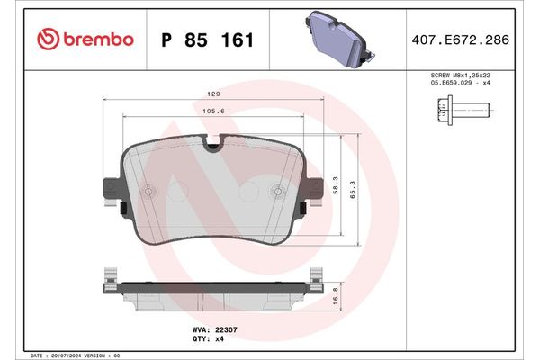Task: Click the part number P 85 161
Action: tap(206, 40)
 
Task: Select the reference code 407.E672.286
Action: tap(460, 40)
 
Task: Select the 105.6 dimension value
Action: tap(212, 111)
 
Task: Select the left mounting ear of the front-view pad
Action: tap(112, 192)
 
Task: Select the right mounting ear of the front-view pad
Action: tap(316, 192)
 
